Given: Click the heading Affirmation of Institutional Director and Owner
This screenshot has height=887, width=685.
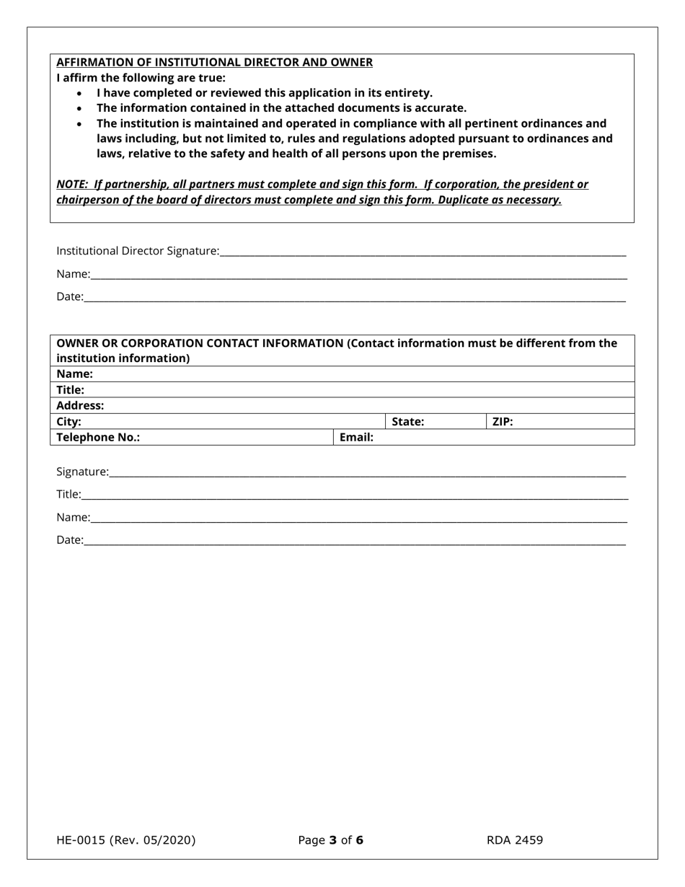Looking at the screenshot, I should (x=214, y=62).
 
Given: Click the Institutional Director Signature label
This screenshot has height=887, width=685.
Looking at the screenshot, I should (x=138, y=251).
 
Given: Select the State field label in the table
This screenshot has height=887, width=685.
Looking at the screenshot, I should (x=407, y=422).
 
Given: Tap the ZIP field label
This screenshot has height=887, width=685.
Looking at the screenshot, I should (x=503, y=422).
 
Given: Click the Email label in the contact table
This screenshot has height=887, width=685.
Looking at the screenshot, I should (x=356, y=437).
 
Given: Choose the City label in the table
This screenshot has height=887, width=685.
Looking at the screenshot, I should (x=68, y=422).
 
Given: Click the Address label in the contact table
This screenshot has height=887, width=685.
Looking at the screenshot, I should (x=80, y=405).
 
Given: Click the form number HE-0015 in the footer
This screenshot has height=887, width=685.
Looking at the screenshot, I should (x=81, y=840).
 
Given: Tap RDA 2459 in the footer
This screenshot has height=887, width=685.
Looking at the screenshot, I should (x=515, y=840).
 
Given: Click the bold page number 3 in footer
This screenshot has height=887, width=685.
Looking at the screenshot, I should (x=333, y=840).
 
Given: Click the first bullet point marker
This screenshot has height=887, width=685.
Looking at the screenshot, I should (x=79, y=94).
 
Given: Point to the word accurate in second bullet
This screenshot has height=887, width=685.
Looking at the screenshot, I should (x=439, y=108).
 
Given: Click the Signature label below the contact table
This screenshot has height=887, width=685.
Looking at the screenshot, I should (x=82, y=472).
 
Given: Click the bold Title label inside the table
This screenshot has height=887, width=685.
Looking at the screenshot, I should (x=70, y=389).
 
